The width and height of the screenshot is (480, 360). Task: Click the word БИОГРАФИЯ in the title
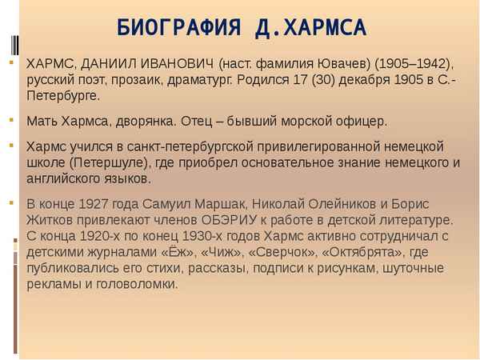point(172,28)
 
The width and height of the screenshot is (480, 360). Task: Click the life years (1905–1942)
point(414,64)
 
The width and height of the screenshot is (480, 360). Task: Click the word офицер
point(358,122)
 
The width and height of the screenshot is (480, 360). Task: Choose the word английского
point(69,178)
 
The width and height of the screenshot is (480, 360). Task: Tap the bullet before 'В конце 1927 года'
point(12,202)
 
